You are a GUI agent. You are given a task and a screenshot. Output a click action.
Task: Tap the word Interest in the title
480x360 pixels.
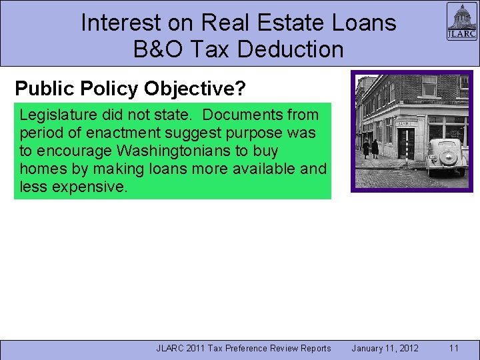click(x=121, y=23)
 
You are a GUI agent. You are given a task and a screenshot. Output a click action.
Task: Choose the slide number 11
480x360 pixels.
click(x=454, y=348)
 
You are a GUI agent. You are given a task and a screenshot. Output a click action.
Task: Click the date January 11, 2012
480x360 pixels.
click(x=385, y=348)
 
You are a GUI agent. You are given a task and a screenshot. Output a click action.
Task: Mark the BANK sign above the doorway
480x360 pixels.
click(x=404, y=123)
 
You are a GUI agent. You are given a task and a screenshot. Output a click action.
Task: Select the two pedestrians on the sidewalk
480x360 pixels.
click(x=370, y=148)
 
